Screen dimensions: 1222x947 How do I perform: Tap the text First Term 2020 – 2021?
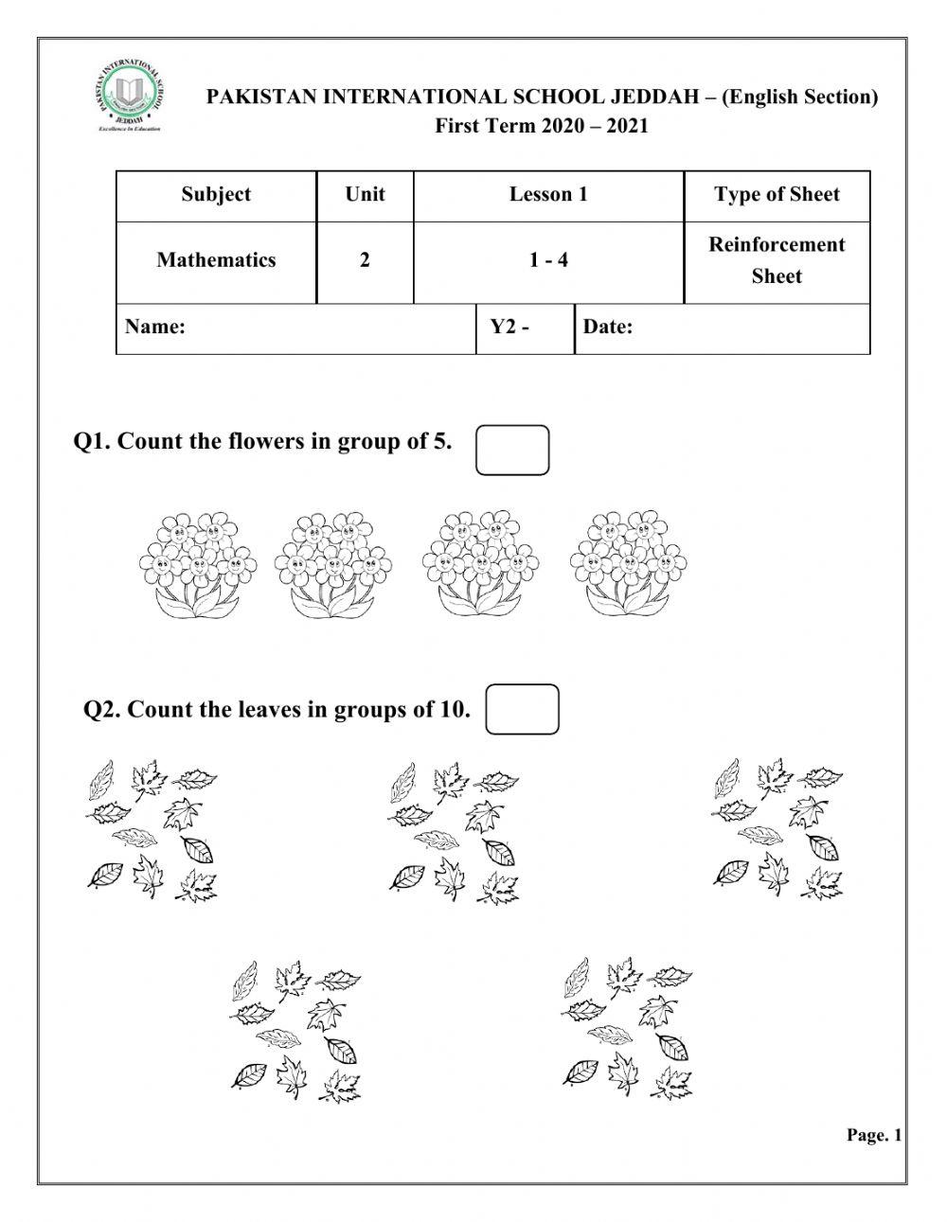[542, 126]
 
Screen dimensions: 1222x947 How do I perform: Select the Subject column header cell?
[216, 195]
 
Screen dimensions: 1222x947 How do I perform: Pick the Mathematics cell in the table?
[216, 260]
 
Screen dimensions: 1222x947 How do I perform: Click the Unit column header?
[365, 195]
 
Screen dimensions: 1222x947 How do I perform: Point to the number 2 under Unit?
[365, 260]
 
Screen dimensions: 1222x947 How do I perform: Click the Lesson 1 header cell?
[548, 195]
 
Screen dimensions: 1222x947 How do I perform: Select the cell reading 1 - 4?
[548, 260]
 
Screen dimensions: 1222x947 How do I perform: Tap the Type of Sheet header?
[777, 195]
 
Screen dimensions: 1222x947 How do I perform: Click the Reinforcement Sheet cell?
[777, 260]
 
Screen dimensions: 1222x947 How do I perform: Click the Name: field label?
[154, 328]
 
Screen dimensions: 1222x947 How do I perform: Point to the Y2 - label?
[509, 328]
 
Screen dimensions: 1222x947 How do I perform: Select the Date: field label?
[608, 328]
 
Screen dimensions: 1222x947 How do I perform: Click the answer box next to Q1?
[512, 450]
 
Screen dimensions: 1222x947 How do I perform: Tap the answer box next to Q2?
[522, 709]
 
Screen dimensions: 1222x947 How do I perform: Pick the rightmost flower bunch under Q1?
[629, 565]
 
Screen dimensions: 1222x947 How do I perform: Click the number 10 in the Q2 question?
[451, 710]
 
